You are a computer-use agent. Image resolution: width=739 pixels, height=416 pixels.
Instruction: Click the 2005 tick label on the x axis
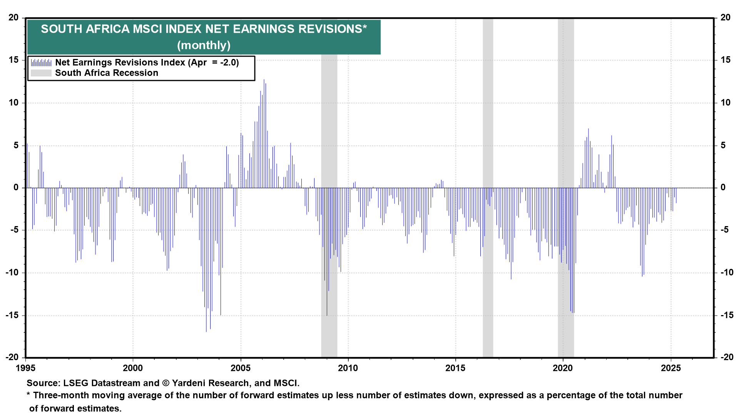(241, 368)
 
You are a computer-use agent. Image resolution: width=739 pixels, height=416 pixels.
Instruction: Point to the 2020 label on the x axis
(563, 368)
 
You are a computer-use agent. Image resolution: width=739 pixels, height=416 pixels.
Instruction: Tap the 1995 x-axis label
(25, 368)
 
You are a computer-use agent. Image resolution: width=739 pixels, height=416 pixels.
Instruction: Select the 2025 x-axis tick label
(670, 368)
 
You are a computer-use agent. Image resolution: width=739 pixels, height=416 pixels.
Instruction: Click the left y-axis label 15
(13, 60)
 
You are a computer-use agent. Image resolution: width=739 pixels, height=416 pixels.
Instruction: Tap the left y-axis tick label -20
(12, 357)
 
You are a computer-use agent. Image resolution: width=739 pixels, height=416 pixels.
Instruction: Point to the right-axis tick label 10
(726, 102)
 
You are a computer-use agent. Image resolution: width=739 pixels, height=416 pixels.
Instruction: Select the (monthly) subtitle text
(204, 45)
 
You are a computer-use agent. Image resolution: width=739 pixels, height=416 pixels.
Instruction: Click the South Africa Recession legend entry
(107, 73)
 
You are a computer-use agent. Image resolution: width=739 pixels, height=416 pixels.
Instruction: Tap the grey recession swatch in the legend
(41, 73)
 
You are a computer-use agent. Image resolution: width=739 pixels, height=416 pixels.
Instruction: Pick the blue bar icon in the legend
(41, 63)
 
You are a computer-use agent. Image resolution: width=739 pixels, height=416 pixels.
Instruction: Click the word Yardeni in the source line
(189, 383)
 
